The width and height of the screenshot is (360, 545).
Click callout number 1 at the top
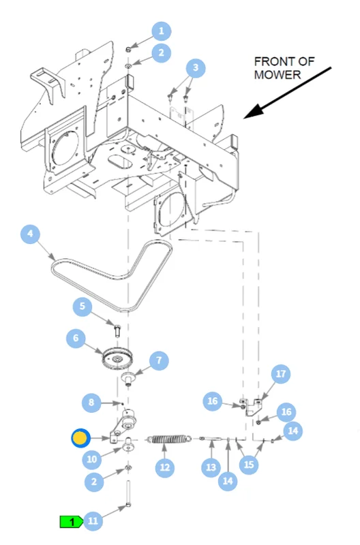[161, 31]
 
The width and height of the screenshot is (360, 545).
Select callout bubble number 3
[196, 67]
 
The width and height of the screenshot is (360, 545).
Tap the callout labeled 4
[30, 234]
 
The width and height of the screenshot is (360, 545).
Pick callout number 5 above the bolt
[82, 306]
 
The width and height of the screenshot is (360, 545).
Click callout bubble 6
[76, 338]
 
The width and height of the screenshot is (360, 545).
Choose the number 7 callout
[159, 360]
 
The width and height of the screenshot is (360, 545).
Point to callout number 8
[91, 403]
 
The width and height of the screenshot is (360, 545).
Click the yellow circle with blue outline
[80, 438]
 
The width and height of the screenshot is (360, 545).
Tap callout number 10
[92, 459]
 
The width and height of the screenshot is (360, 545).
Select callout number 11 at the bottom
[93, 520]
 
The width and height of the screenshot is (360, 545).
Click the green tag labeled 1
[72, 522]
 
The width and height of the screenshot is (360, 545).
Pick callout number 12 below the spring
[165, 467]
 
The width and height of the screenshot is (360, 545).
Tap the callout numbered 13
[211, 467]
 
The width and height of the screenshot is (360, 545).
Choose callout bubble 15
[249, 465]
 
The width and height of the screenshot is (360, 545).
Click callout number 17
[281, 373]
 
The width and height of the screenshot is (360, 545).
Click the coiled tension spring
[169, 439]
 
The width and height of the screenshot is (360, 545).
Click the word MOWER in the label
[277, 75]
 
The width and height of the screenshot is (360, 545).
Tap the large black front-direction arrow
[287, 93]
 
